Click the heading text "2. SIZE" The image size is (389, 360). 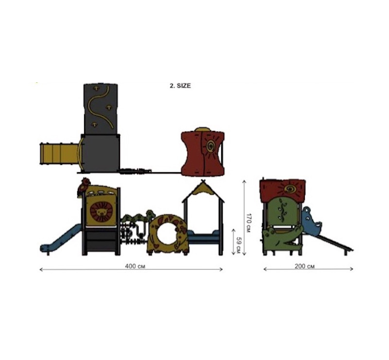click(x=180, y=86)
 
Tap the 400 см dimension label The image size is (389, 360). click(x=135, y=266)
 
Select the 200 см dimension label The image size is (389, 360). click(x=305, y=266)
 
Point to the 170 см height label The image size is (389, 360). click(x=249, y=222)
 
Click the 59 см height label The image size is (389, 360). click(x=239, y=245)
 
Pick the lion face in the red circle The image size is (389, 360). click(x=101, y=212)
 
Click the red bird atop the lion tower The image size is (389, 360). click(x=82, y=187)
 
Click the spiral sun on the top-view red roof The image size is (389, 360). click(x=211, y=145)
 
